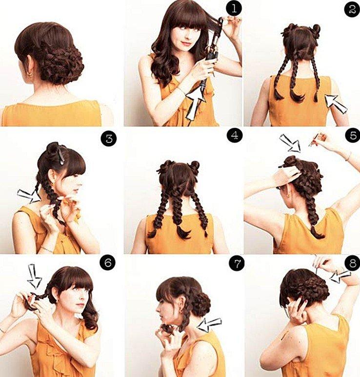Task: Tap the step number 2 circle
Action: [x=351, y=9]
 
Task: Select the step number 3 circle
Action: [x=108, y=138]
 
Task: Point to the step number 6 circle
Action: [x=108, y=263]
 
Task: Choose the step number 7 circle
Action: [x=235, y=264]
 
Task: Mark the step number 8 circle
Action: [x=351, y=264]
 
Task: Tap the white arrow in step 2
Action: [x=336, y=103]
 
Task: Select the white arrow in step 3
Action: [x=29, y=196]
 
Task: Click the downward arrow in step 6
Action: [x=35, y=276]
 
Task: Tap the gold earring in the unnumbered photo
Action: [x=29, y=74]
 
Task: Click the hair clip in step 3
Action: [x=60, y=155]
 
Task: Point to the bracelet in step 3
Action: [x=47, y=249]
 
